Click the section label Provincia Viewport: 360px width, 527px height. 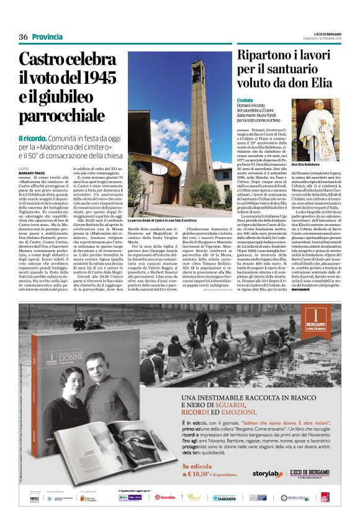coord(48,37)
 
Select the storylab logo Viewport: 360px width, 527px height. coord(267,474)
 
